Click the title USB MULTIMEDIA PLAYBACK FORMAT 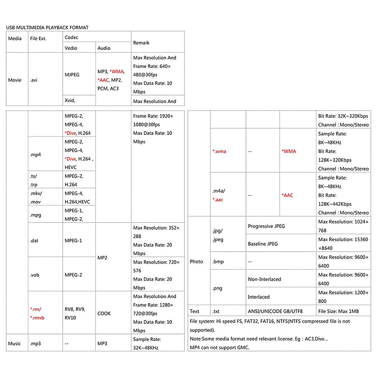pos(47,28)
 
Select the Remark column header pos(141,43)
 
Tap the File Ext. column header pos(38,39)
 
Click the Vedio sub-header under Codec pos(71,48)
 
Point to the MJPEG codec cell pos(72,75)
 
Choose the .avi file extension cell pos(34,80)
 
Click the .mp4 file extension pos(36,155)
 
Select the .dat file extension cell pos(34,241)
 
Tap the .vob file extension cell pos(35,275)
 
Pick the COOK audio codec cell pos(104,313)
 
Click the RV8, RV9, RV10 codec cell pos(75,313)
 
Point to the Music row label pos(14,343)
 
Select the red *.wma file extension pos(219,151)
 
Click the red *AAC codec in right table pos(287,195)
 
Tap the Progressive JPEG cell pos(266,226)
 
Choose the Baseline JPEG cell pos(263,244)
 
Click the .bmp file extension pos(218,261)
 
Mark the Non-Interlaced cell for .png pos(264,279)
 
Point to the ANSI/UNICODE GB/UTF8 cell pos(275,311)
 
